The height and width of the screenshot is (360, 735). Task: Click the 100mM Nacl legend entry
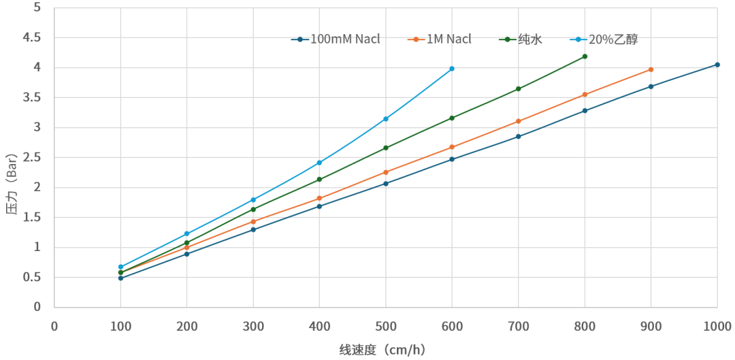click(x=336, y=39)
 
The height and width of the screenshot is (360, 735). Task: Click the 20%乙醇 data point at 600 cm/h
click(x=452, y=69)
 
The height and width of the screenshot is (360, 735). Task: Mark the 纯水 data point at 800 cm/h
click(x=585, y=56)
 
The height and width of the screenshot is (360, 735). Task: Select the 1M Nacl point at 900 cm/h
click(x=651, y=69)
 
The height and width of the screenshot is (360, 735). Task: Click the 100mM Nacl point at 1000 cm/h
click(x=717, y=65)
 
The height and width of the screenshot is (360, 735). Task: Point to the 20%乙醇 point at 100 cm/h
click(x=120, y=267)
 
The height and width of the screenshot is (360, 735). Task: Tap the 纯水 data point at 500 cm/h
click(x=386, y=148)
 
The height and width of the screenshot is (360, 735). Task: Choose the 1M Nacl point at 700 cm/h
click(x=519, y=121)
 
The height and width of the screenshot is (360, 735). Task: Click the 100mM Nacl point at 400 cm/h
click(x=319, y=206)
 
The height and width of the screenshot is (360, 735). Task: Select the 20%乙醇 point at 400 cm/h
click(x=319, y=163)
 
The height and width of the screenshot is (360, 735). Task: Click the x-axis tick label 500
click(x=386, y=327)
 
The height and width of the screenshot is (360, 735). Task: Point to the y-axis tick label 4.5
click(x=32, y=37)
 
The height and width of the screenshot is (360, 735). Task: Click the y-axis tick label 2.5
click(x=32, y=157)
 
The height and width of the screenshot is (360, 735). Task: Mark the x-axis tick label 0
click(x=54, y=327)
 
